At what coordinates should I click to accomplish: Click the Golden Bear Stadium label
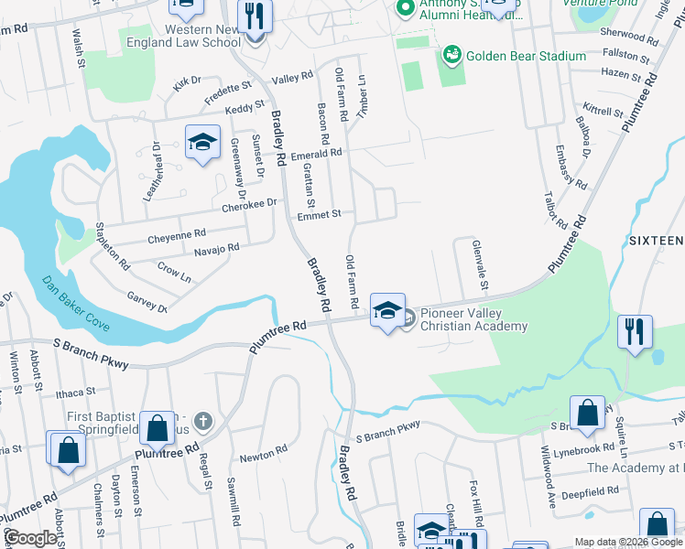(x=526, y=57)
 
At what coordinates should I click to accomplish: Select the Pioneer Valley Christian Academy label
(x=474, y=320)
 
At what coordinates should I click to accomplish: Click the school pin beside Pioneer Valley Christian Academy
(x=387, y=311)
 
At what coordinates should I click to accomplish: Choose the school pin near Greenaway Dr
(x=202, y=143)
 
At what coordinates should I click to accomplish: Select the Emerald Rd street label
(x=316, y=155)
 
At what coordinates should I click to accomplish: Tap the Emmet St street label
(x=319, y=214)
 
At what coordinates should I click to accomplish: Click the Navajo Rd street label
(x=216, y=249)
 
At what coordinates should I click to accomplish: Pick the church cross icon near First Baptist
(x=203, y=422)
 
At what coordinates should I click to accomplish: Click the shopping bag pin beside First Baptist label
(x=158, y=428)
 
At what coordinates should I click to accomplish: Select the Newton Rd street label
(x=264, y=451)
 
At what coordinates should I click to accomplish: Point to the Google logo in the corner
(x=29, y=539)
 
